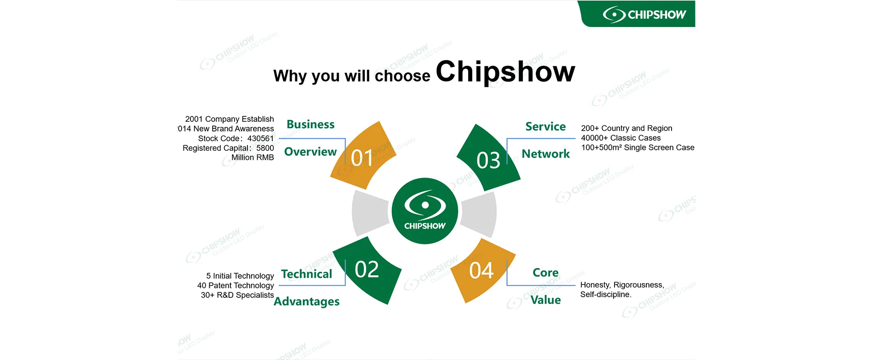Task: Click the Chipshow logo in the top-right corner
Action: click(x=644, y=15)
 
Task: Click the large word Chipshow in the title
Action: click(x=505, y=72)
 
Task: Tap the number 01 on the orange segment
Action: click(x=362, y=158)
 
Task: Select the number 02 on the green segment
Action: click(x=367, y=269)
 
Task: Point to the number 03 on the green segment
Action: click(x=488, y=160)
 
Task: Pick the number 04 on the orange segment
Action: click(x=481, y=270)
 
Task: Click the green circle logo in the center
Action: click(x=425, y=211)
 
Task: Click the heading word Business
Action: click(x=310, y=125)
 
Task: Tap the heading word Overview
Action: click(x=310, y=152)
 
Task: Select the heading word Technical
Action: click(x=306, y=274)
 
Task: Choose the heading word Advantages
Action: click(x=306, y=302)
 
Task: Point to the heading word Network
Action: click(x=546, y=154)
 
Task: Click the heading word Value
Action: click(x=546, y=300)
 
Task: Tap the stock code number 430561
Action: click(x=260, y=138)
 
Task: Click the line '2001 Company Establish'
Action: click(x=230, y=119)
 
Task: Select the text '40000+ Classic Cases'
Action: click(x=620, y=138)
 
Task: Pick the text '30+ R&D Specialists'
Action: click(x=237, y=295)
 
